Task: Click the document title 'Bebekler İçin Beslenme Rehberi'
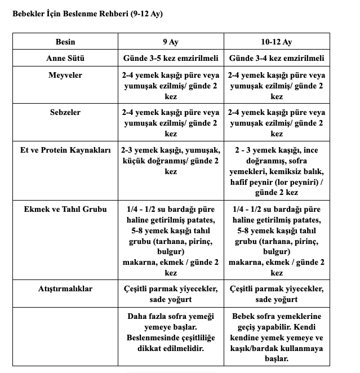pyautogui.click(x=87, y=13)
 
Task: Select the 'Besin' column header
pyautogui.click(x=65, y=42)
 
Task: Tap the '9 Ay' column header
pyautogui.click(x=170, y=42)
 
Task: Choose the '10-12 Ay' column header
pyautogui.click(x=277, y=42)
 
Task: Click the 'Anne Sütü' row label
pyautogui.click(x=65, y=58)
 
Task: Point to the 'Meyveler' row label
pyautogui.click(x=65, y=75)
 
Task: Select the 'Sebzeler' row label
pyautogui.click(x=65, y=112)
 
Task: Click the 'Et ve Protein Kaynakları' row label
pyautogui.click(x=65, y=150)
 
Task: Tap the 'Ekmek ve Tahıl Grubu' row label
pyautogui.click(x=65, y=208)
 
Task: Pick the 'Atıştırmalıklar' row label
pyautogui.click(x=65, y=288)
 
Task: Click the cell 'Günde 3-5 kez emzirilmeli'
pyautogui.click(x=170, y=58)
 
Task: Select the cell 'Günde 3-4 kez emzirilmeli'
pyautogui.click(x=277, y=58)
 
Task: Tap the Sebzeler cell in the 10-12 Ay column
pyautogui.click(x=277, y=123)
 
